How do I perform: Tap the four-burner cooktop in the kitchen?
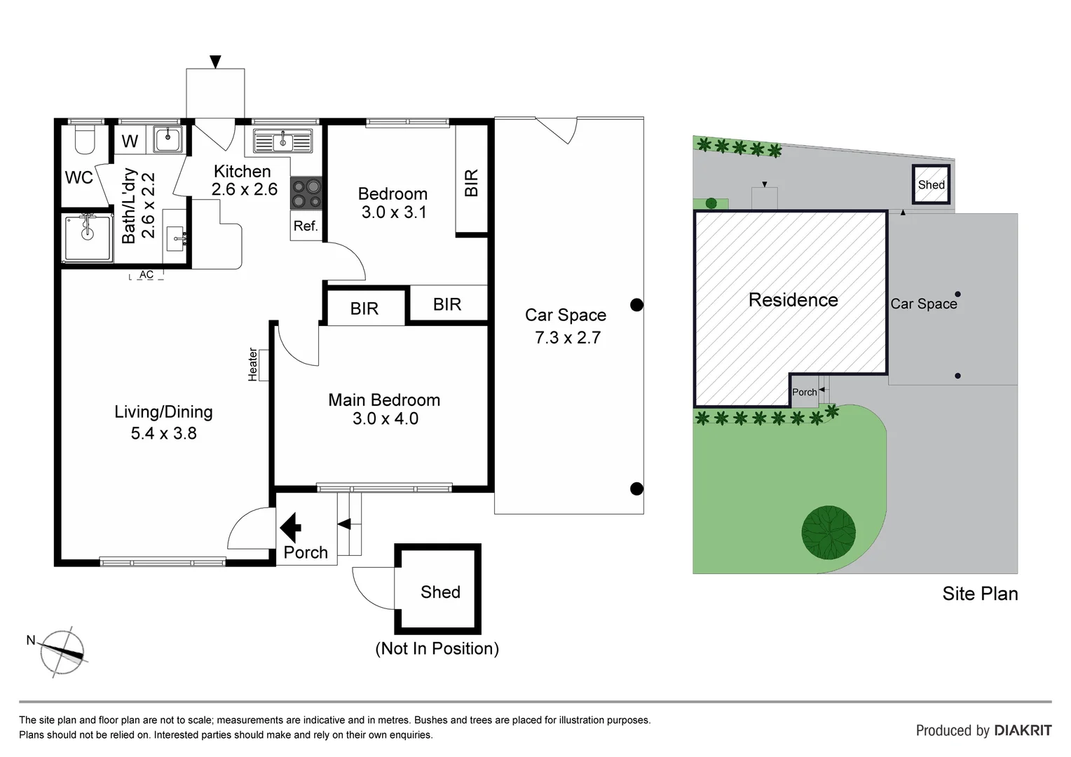coord(306,194)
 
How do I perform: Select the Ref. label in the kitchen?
coord(306,226)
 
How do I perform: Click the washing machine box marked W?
coord(130,142)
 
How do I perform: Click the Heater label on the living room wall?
coord(253,364)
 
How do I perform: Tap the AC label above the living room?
coord(146,275)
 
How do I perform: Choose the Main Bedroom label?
coord(384,400)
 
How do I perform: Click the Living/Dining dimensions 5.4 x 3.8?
coord(163,433)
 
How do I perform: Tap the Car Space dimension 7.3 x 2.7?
coord(567,338)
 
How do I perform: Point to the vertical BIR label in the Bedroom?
coord(472,182)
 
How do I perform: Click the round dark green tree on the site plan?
coord(828,532)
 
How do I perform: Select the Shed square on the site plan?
coord(931,184)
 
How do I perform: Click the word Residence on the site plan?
coord(793,300)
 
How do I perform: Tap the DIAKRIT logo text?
coord(1023,730)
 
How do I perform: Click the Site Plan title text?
coord(979,594)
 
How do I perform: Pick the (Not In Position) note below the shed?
coord(437,648)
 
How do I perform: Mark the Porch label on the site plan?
coord(804,393)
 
